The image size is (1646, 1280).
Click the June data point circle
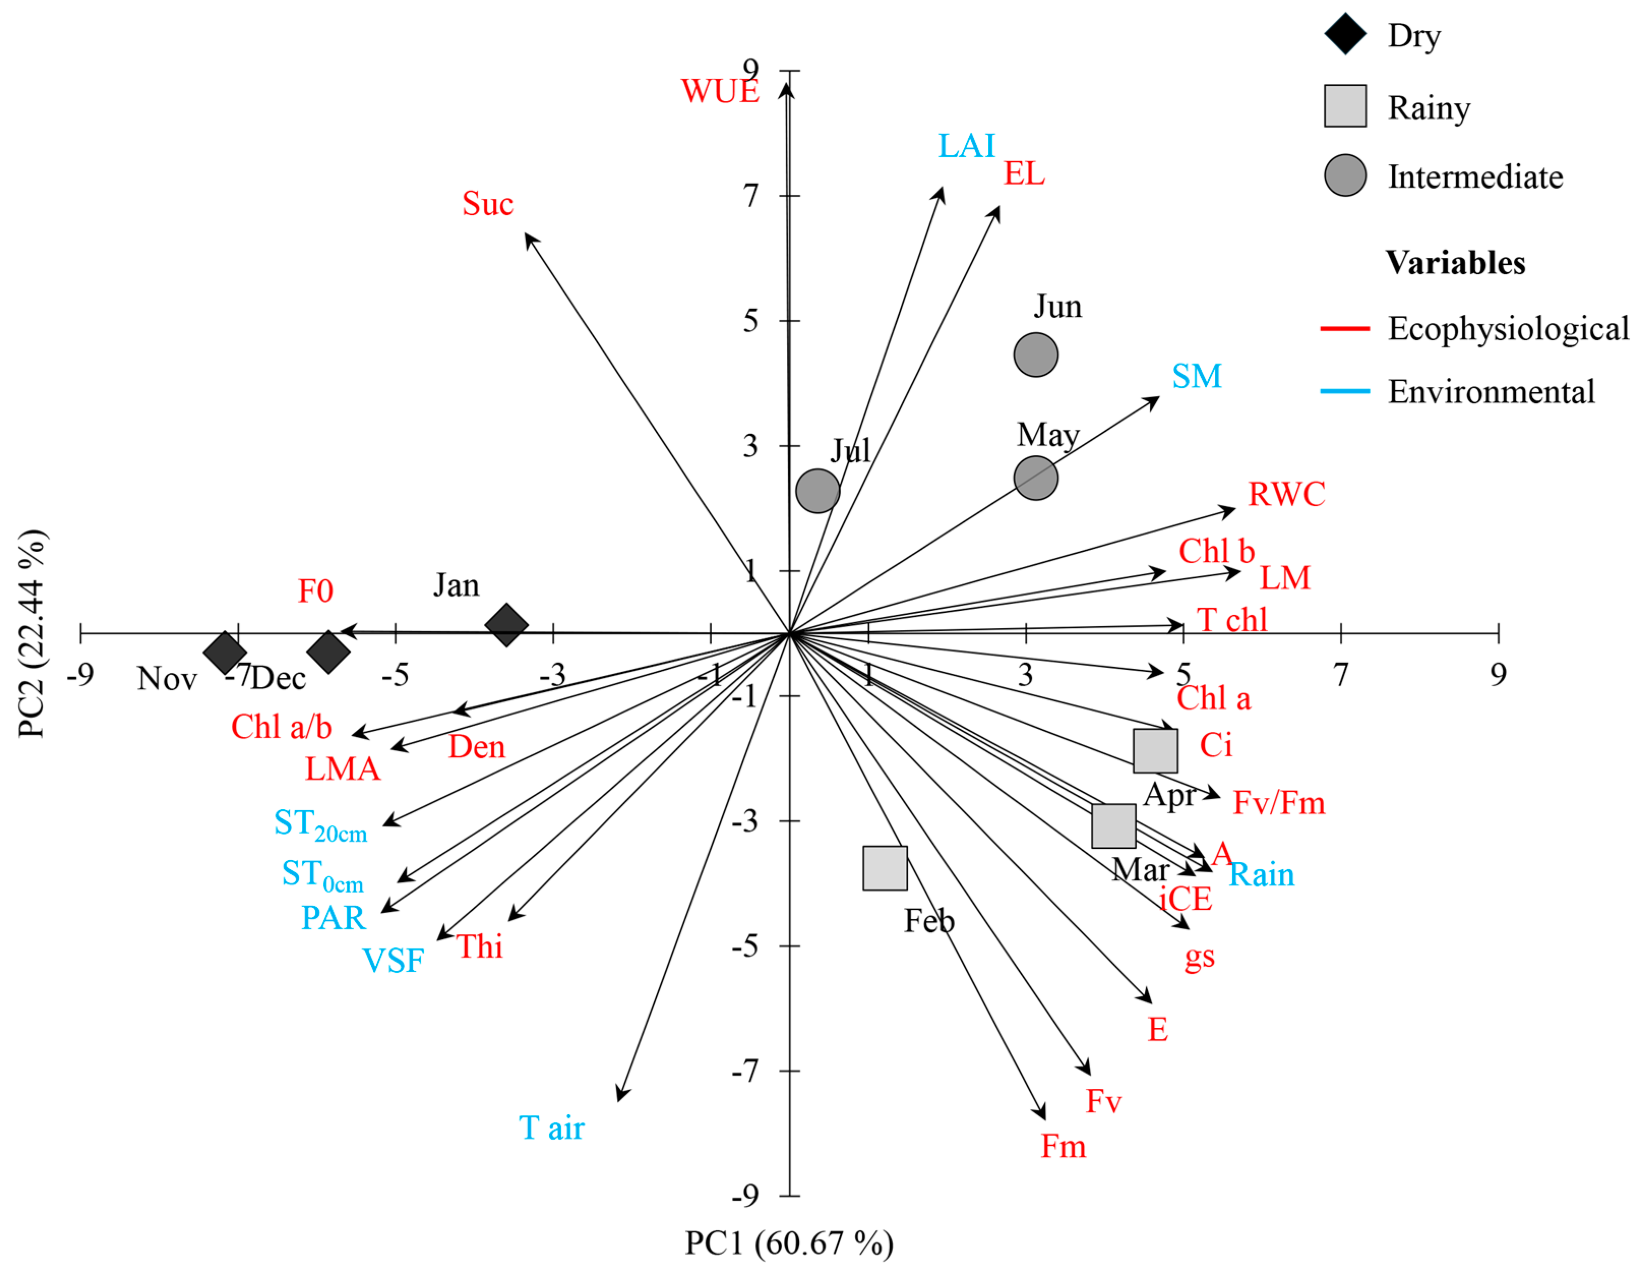tap(1035, 355)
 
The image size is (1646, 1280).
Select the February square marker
tap(885, 868)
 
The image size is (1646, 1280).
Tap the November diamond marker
tap(225, 652)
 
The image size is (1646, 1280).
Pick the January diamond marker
tap(506, 624)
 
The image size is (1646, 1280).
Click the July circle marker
tap(818, 491)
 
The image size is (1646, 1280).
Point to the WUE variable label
tap(720, 91)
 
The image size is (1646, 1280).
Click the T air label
tap(552, 1128)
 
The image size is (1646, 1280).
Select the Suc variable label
tap(487, 203)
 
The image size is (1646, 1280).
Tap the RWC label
tap(1287, 494)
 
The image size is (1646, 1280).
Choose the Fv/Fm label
tap(1279, 803)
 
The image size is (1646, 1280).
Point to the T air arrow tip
tap(619, 1099)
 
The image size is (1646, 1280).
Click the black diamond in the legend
tap(1345, 34)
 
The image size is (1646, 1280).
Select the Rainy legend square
tap(1345, 106)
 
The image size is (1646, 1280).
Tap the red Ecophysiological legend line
tap(1345, 329)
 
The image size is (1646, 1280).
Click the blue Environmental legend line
tap(1345, 391)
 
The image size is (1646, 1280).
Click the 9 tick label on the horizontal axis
tap(1498, 674)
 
